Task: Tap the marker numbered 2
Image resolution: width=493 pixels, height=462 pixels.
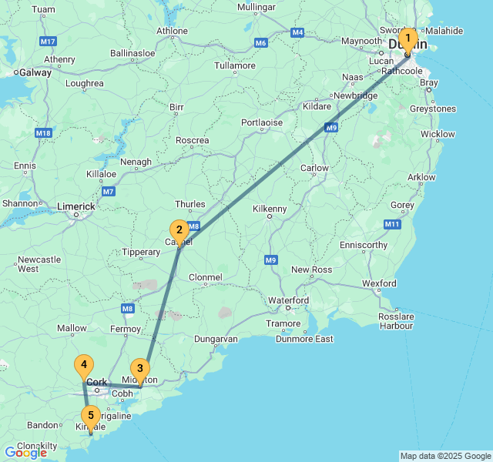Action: coord(179,229)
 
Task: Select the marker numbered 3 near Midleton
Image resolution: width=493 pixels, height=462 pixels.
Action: coord(139,369)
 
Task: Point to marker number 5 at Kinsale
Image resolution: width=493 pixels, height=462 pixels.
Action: coord(91,417)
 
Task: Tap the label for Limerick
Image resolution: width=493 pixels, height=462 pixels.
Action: coord(76,206)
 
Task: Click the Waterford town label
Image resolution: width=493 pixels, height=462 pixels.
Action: coord(288,300)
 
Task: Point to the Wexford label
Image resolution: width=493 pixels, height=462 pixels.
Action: coord(379,283)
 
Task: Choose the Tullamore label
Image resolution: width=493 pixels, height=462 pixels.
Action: coord(234,65)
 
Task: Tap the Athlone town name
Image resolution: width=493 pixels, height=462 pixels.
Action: coord(172,32)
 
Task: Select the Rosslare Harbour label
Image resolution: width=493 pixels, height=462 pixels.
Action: coord(396,320)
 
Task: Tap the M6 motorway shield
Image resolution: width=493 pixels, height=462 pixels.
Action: coord(260,42)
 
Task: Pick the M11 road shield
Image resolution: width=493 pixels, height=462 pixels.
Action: coord(393,224)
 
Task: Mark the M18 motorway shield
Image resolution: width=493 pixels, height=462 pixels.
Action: coord(43,133)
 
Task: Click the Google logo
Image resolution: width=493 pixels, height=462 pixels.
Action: coord(25,453)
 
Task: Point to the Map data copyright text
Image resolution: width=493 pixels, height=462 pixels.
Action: coord(444,456)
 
